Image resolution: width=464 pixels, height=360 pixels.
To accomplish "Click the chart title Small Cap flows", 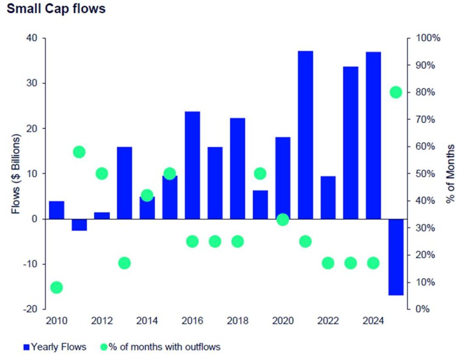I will tap(56, 9).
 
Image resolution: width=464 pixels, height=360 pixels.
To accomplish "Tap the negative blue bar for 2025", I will tap(396, 257).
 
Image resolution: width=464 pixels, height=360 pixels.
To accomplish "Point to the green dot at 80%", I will tap(396, 92).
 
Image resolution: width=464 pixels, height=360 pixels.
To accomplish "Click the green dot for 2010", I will tap(57, 287).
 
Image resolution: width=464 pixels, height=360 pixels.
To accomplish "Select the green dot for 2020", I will tap(283, 220).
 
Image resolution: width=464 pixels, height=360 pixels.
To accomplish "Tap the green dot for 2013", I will tap(124, 263).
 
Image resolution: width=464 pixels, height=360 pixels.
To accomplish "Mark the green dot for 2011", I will tap(79, 152).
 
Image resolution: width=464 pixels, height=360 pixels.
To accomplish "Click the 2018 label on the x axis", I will tap(237, 321).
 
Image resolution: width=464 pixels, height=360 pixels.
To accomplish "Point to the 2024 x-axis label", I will tap(373, 321).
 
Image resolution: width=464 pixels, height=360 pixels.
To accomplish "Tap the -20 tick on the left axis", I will tap(31, 309).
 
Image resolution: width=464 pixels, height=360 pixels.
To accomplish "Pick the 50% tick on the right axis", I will tap(426, 174).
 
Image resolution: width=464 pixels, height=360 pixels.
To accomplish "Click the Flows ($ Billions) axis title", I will tap(16, 174).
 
